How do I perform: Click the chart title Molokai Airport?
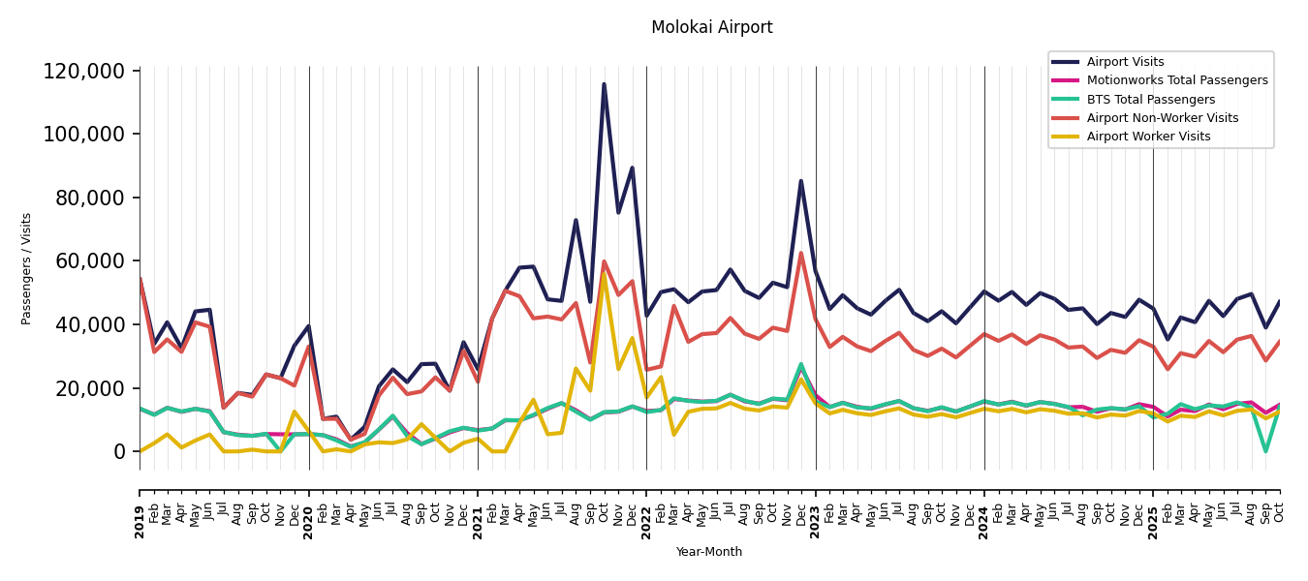711,28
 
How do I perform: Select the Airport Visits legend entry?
1125,62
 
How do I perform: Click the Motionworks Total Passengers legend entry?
1176,80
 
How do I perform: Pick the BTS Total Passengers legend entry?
1150,100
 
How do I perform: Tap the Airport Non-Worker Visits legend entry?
1162,118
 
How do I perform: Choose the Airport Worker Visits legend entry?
1148,137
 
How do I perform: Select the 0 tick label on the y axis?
119,451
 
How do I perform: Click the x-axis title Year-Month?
709,552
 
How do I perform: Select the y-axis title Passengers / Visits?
27,268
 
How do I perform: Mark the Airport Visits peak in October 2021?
604,84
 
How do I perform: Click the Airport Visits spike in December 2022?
801,181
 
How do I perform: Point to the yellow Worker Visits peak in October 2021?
604,272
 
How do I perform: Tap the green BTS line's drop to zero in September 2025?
1265,451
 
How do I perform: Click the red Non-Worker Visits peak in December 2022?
801,254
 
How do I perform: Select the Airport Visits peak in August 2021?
576,221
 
